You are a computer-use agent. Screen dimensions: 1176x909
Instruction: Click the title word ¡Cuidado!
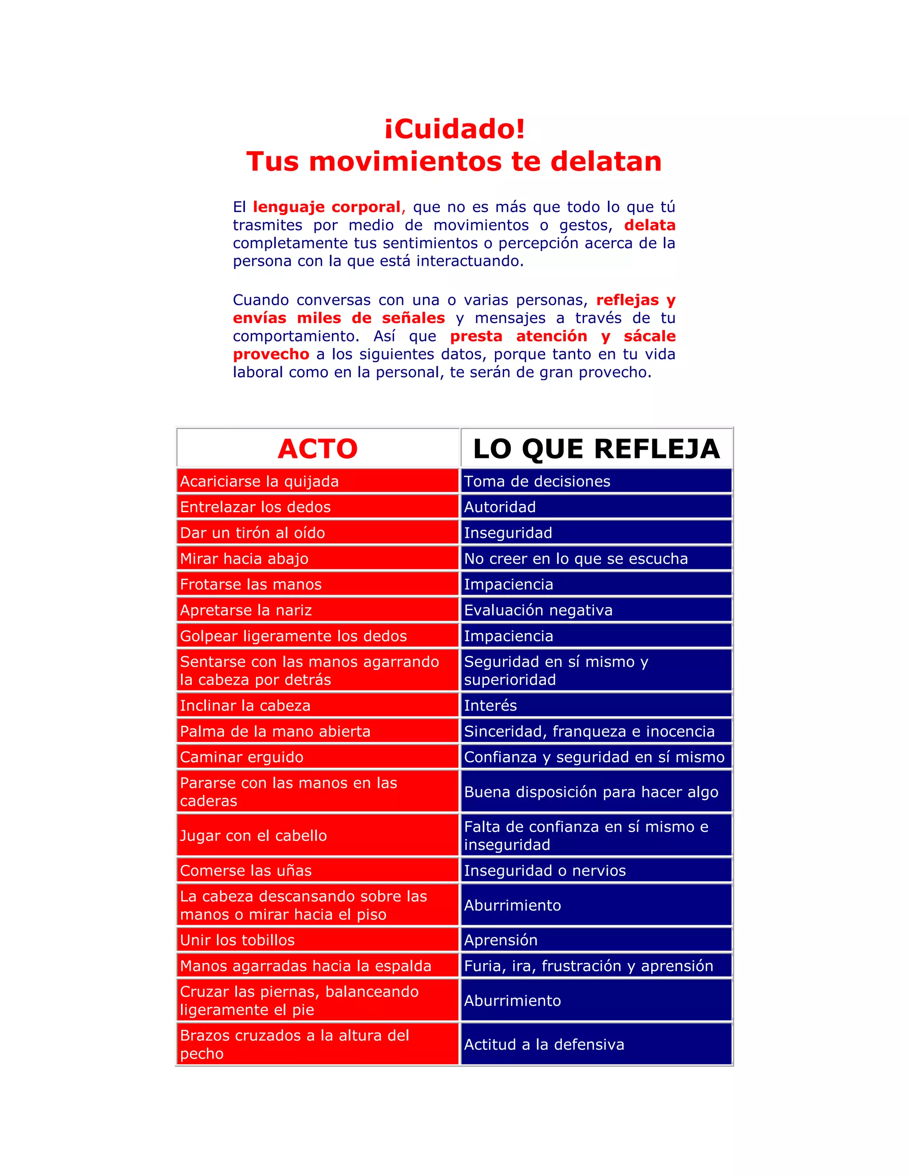tap(454, 129)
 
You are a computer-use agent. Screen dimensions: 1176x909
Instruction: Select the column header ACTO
tap(318, 449)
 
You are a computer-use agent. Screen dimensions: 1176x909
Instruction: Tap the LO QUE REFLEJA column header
tap(596, 449)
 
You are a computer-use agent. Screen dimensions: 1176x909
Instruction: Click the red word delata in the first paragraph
tap(649, 225)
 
